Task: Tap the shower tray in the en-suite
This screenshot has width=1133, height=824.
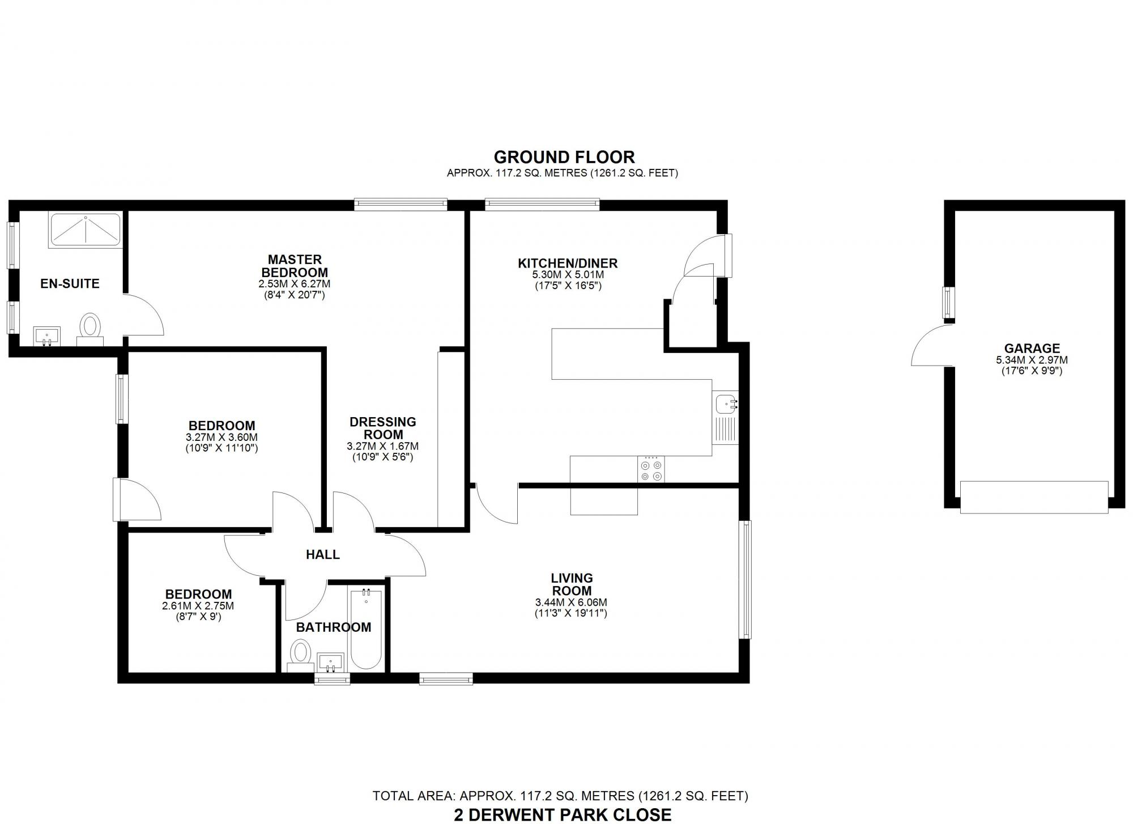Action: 85,230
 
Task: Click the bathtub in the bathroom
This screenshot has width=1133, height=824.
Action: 365,628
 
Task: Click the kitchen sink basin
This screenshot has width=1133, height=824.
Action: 726,405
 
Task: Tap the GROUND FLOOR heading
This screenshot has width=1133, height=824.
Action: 564,157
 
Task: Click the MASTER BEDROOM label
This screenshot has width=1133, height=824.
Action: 295,266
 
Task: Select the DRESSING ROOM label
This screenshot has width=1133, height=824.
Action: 383,428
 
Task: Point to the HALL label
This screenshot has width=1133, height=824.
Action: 323,555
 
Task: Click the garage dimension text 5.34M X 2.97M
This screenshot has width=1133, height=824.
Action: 1032,360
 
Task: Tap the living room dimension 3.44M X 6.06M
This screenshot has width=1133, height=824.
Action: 571,602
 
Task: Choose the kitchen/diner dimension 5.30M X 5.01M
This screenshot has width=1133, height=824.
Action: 568,275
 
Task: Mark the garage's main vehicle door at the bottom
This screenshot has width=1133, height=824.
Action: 1034,497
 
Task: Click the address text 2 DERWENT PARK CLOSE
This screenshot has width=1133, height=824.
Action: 563,815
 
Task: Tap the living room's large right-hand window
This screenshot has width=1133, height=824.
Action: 745,580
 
